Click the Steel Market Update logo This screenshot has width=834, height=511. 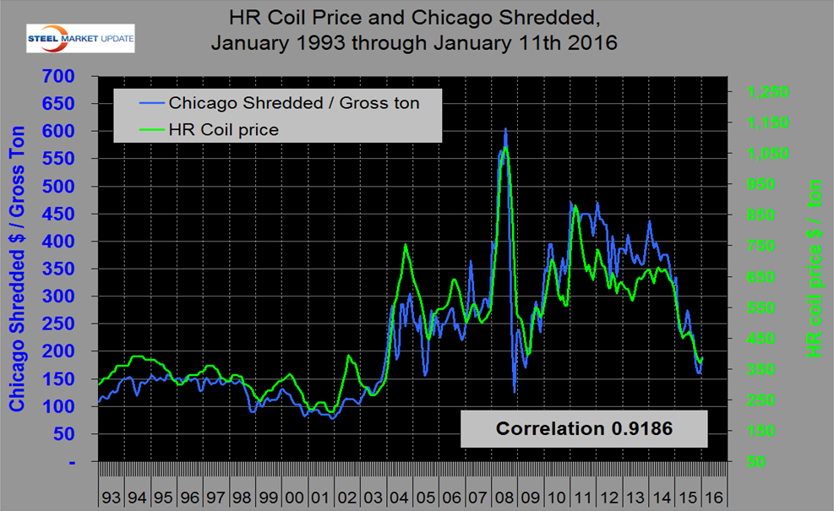(x=79, y=39)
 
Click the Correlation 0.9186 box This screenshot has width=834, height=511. (x=584, y=428)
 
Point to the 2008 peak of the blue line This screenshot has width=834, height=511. (x=505, y=128)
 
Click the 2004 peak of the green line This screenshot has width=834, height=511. (x=406, y=244)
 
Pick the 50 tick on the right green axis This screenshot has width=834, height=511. (x=754, y=463)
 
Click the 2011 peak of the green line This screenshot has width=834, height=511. (x=575, y=206)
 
